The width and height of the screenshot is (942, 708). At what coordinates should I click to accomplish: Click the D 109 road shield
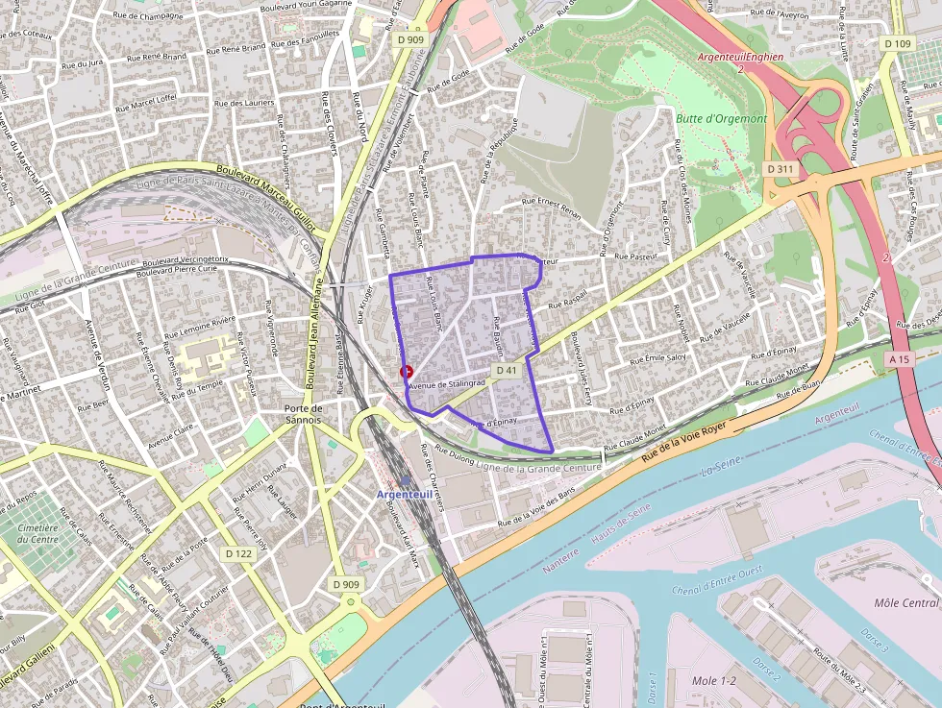(897, 43)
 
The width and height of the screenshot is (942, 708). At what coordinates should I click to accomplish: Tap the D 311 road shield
(781, 168)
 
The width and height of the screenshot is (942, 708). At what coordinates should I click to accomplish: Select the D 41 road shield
(507, 370)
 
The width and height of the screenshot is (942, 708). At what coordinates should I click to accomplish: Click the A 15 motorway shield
(899, 358)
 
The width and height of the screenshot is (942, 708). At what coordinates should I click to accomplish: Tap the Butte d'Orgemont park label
(722, 118)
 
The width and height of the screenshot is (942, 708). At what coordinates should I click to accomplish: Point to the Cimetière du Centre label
(37, 532)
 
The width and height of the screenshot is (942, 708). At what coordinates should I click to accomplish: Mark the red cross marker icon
(407, 372)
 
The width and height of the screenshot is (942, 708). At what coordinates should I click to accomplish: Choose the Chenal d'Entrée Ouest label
(717, 580)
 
